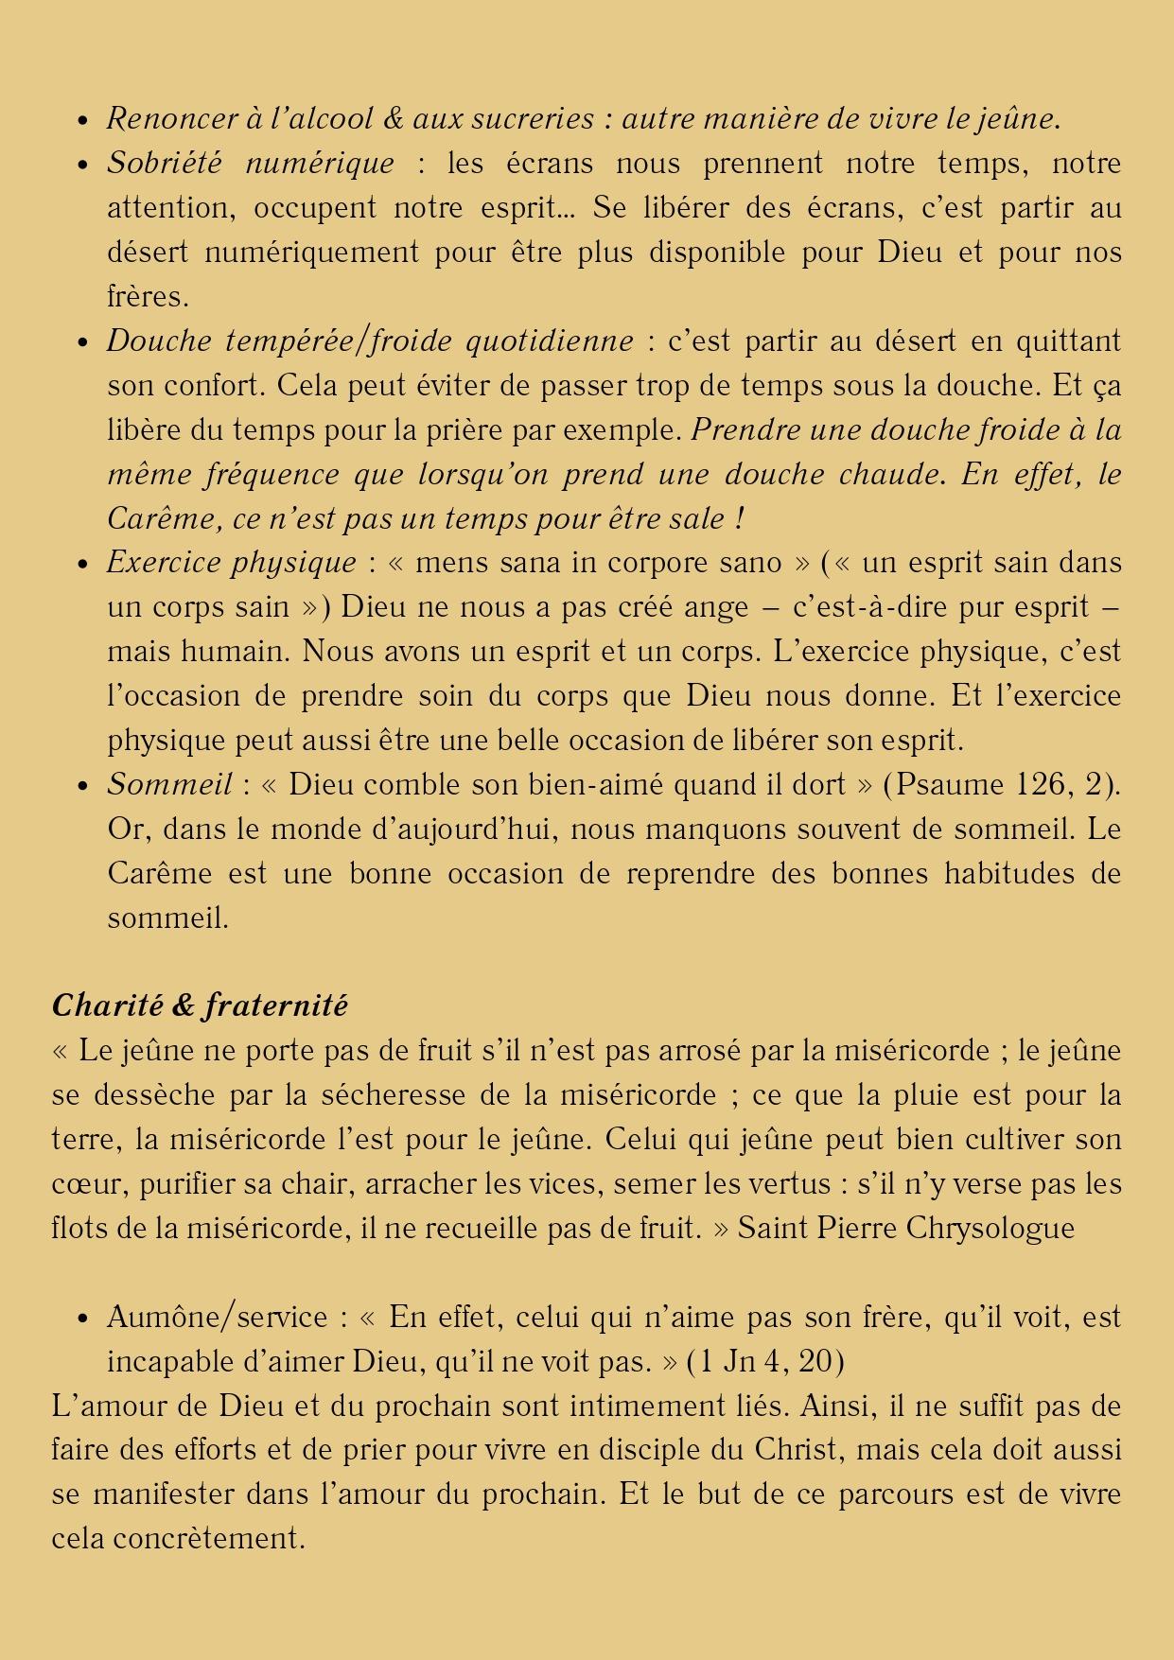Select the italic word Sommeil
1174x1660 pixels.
click(169, 785)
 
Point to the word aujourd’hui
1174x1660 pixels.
click(473, 830)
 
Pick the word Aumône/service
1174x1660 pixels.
click(218, 1317)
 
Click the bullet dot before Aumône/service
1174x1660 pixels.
click(84, 1319)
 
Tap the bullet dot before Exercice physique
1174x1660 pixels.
click(84, 565)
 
